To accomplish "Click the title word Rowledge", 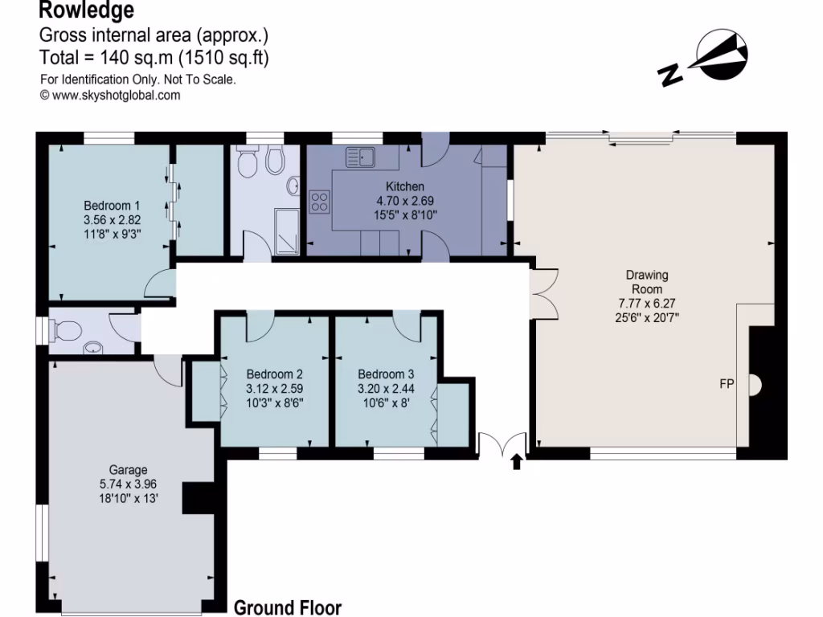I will (86, 11).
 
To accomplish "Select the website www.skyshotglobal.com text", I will (110, 95).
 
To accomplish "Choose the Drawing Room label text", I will (647, 282).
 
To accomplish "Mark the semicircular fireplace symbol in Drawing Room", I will (755, 386).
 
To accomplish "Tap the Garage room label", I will (128, 470).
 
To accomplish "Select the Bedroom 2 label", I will (274, 374).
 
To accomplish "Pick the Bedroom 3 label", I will (386, 374).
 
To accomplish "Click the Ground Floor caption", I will (287, 607).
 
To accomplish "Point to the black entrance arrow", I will (516, 461).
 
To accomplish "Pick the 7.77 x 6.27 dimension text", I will (647, 302).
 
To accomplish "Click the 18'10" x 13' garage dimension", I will (128, 497).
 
